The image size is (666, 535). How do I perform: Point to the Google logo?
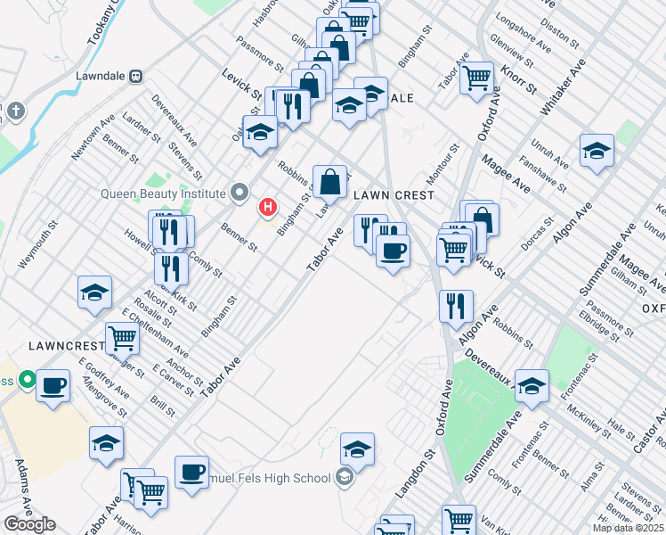click(x=29, y=524)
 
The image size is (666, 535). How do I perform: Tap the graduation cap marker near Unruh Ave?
click(x=596, y=151)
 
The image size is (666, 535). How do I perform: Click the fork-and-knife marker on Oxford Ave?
click(x=456, y=306)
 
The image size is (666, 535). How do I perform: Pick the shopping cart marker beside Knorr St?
click(x=477, y=77)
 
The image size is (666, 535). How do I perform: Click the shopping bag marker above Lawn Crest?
click(x=329, y=181)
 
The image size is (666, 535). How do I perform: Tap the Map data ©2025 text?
click(x=627, y=528)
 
